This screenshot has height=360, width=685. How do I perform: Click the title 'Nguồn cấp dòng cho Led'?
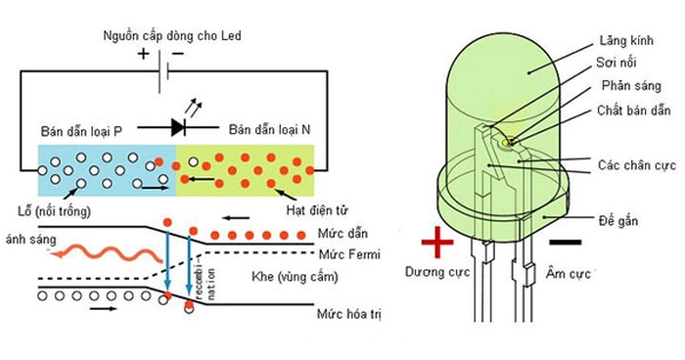click(x=171, y=36)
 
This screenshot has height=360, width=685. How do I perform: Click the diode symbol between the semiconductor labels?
click(x=179, y=125)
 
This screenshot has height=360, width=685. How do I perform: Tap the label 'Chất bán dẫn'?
click(x=627, y=112)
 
